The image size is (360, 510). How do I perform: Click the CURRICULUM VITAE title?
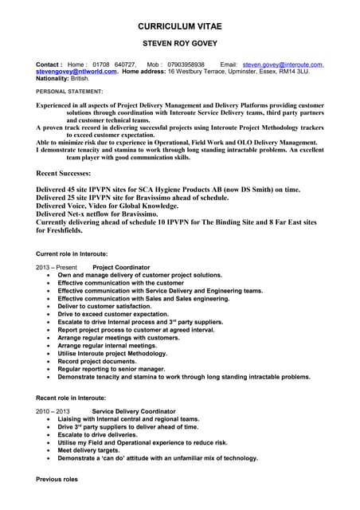[x=179, y=26]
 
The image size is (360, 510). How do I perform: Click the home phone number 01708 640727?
[x=115, y=64]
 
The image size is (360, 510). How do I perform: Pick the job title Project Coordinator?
[x=121, y=266]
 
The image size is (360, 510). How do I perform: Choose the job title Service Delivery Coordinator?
[x=133, y=410]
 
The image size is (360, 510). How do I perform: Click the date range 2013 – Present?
[x=57, y=266]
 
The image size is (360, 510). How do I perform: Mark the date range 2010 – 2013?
[x=53, y=410]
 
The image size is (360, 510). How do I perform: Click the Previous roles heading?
[x=57, y=480]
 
